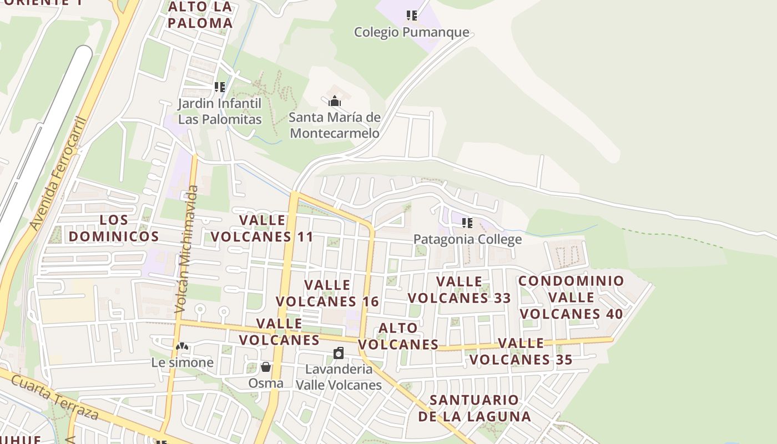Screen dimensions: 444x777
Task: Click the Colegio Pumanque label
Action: point(411,32)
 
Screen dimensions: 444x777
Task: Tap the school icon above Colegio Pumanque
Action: point(411,15)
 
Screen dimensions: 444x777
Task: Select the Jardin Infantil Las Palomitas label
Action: point(220,111)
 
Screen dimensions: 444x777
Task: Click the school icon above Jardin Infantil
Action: point(220,87)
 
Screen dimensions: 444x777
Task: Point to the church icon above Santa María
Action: point(334,101)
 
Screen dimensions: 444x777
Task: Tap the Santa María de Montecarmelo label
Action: point(335,125)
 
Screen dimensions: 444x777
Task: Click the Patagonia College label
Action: point(467,239)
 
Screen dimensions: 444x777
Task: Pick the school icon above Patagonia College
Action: point(467,223)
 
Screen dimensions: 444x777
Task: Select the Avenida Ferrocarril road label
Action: point(59,173)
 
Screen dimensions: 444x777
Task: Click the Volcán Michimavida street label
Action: point(186,250)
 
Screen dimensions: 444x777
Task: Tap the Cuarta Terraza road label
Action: point(54,397)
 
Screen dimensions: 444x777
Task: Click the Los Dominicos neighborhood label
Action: point(114,228)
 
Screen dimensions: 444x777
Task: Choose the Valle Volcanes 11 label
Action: point(262,228)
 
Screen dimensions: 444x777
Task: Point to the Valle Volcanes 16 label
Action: point(327,293)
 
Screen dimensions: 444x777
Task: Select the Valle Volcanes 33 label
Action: point(459,290)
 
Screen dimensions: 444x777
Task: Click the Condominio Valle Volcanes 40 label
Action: point(571,297)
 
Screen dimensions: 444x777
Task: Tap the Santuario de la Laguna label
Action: point(474,408)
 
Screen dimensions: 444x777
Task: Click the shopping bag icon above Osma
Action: point(266,367)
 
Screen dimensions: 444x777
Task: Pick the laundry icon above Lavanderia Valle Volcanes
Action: point(339,353)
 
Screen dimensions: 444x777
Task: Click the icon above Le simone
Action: point(182,346)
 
